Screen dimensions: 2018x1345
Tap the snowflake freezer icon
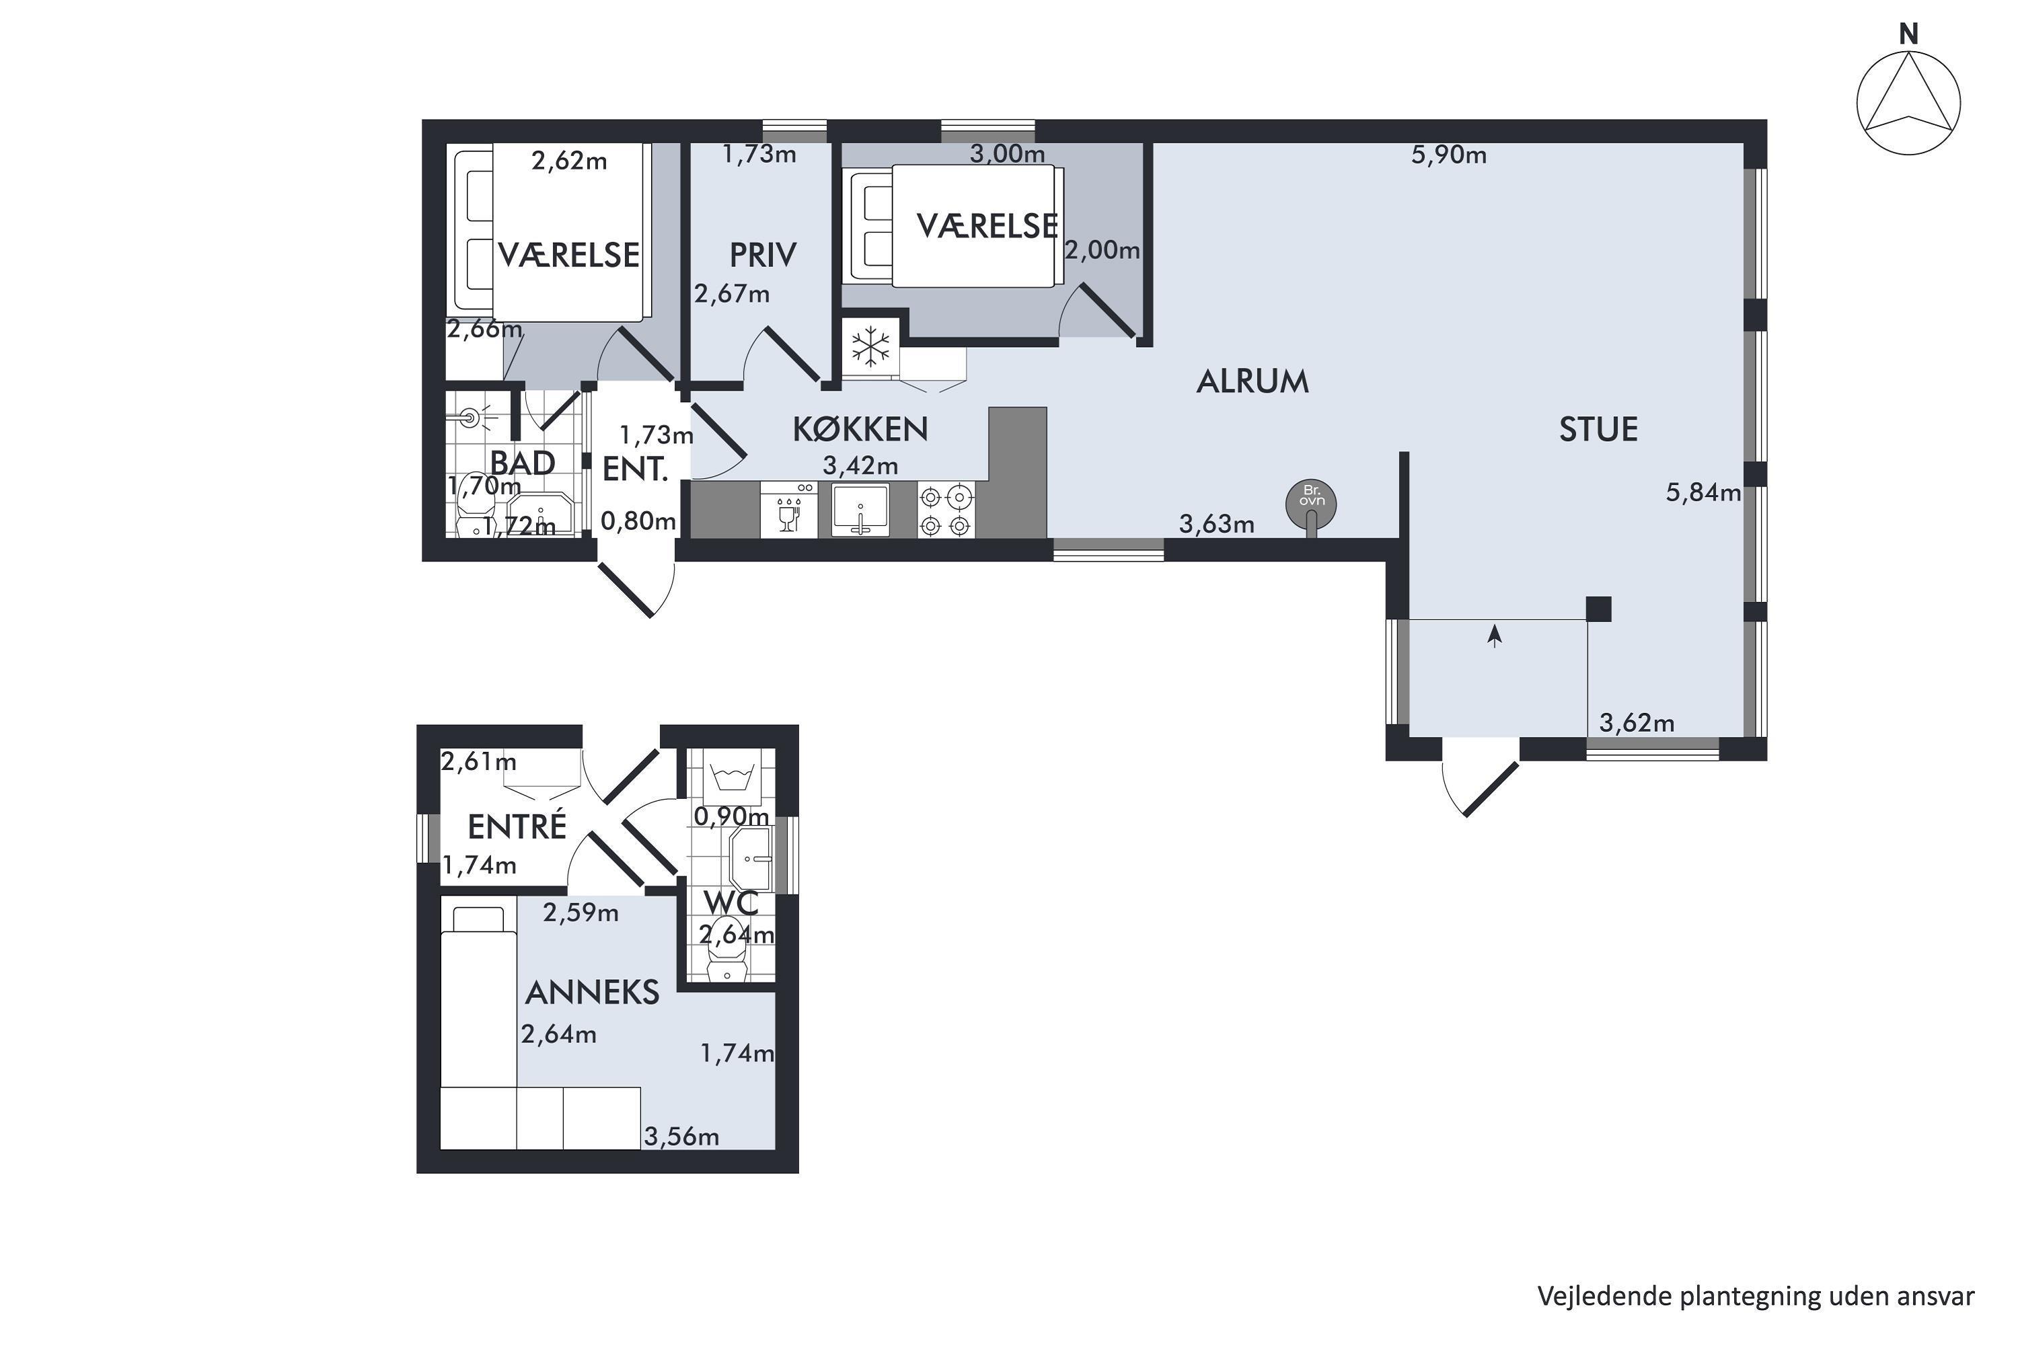(x=871, y=348)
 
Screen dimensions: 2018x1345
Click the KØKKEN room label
(x=860, y=429)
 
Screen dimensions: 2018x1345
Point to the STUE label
(x=1598, y=429)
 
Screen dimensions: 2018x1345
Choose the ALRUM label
(x=1253, y=382)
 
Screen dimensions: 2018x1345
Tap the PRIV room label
(x=763, y=255)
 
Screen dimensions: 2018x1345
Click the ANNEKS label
(x=592, y=993)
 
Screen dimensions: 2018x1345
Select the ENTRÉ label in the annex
(x=517, y=826)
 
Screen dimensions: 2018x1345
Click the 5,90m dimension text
(x=1449, y=155)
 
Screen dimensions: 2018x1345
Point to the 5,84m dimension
(x=1703, y=492)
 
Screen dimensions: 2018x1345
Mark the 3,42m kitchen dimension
(x=860, y=466)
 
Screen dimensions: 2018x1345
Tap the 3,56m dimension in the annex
(x=681, y=1137)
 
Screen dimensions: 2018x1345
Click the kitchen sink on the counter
(x=860, y=510)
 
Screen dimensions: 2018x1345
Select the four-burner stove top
(x=946, y=510)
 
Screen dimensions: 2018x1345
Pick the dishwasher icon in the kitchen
(x=788, y=510)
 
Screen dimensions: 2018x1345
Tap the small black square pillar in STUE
(x=1598, y=609)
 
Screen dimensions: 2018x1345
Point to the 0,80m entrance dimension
(x=638, y=521)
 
